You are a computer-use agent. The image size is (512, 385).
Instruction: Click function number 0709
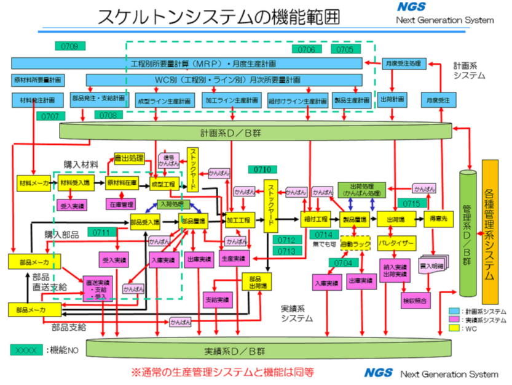(69, 46)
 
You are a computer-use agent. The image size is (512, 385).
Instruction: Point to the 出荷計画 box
(392, 100)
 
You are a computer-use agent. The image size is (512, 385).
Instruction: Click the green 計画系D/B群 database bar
(254, 131)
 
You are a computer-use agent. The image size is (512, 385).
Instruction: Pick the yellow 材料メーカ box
(33, 184)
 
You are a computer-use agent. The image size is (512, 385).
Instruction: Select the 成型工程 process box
(163, 184)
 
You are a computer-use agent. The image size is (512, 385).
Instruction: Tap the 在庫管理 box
(121, 203)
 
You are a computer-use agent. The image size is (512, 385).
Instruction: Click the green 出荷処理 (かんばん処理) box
(361, 189)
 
